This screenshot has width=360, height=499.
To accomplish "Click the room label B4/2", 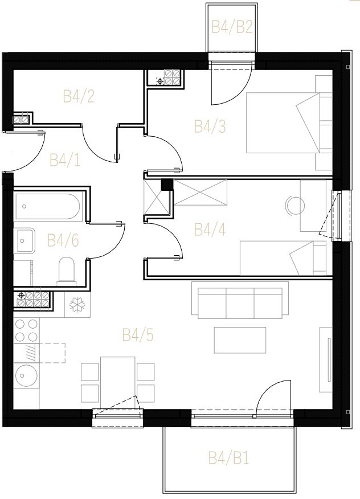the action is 79,96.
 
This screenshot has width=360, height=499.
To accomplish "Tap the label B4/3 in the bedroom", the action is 210,126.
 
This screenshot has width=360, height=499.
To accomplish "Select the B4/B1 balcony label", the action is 228,458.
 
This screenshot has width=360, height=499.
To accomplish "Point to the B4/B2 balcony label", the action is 232,27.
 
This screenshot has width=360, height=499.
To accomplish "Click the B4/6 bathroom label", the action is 63,240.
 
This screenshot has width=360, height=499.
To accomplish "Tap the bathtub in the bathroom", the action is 48,207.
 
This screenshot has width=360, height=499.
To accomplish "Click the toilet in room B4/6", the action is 66,270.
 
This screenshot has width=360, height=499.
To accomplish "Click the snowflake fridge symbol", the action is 77,305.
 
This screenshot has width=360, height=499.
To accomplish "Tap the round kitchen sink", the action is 26,376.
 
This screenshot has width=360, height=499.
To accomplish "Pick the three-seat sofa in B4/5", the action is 240,300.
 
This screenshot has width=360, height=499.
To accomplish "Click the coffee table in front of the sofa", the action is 240,340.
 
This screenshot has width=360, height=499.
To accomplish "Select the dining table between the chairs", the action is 118,382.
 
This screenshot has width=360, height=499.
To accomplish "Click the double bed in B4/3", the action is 289,123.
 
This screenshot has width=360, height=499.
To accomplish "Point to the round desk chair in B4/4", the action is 295,206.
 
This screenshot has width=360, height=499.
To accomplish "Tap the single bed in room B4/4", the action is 283,258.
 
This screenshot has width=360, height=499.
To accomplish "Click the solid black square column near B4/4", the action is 166,185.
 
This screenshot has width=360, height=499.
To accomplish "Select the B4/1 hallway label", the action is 65,160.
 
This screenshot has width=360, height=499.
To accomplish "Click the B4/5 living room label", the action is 138,335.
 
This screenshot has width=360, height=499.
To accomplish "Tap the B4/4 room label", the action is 210,230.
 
